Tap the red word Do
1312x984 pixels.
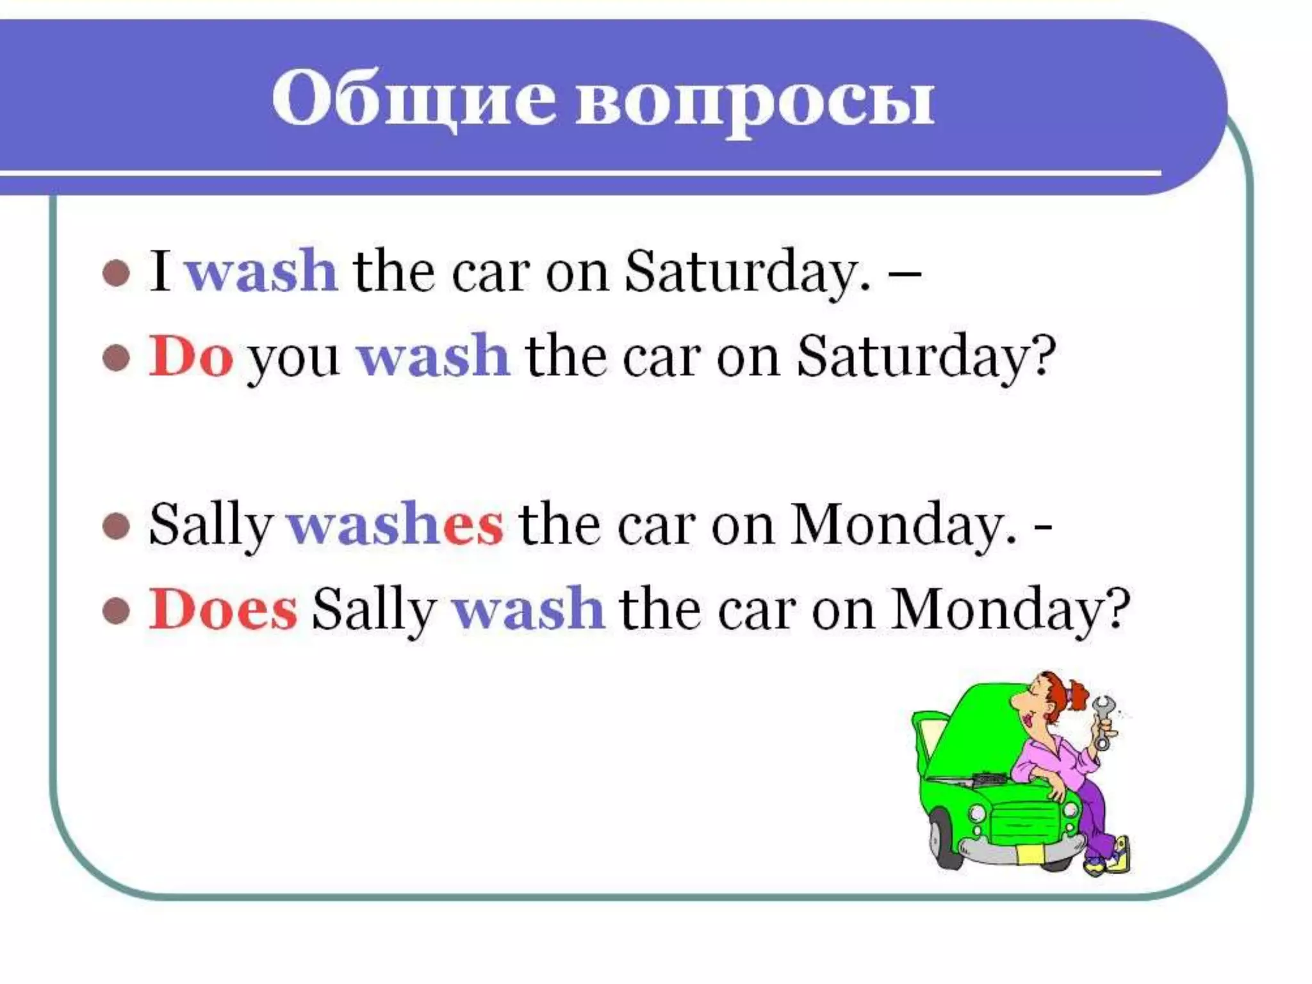[190, 356]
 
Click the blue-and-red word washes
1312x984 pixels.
[395, 525]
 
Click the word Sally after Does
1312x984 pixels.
[374, 611]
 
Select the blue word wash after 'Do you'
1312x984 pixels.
[433, 356]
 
